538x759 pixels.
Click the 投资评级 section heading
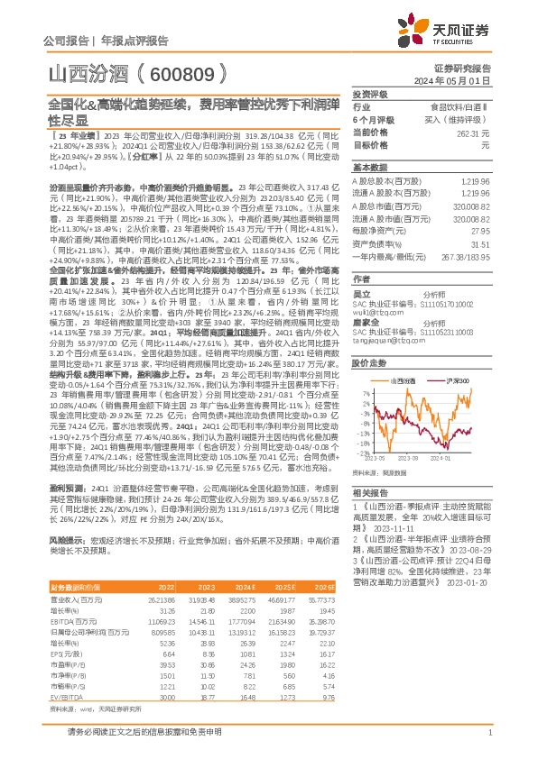coord(369,94)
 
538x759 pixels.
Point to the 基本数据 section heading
coord(369,168)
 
